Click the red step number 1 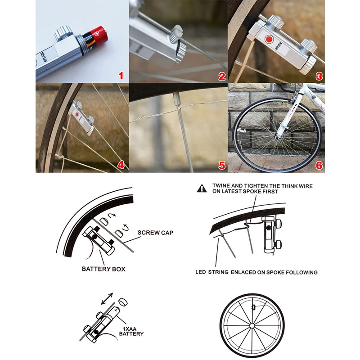coord(120,75)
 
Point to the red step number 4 coord(120,165)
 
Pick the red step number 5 coord(222,165)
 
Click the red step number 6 coord(319,165)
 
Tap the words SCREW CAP coord(155,233)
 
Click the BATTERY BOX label coord(103,269)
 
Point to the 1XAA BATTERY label coord(131,331)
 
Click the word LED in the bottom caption coord(201,272)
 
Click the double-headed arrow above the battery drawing coord(107,298)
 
